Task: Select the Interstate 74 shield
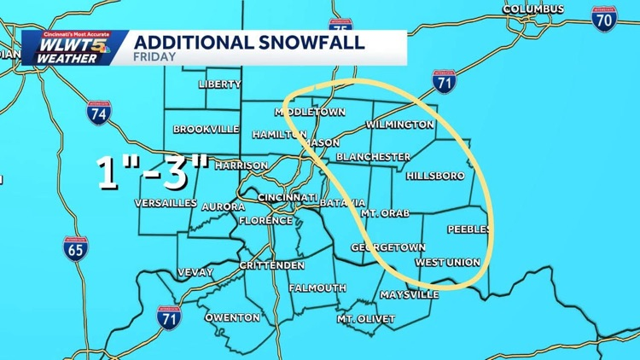98,112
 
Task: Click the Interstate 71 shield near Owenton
169,319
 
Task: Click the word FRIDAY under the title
154,57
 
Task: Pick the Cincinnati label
277,196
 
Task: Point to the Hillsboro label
435,176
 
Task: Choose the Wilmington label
399,125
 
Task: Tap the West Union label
447,262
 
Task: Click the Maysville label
409,294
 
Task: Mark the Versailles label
166,203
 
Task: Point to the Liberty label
219,84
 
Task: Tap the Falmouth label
317,288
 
